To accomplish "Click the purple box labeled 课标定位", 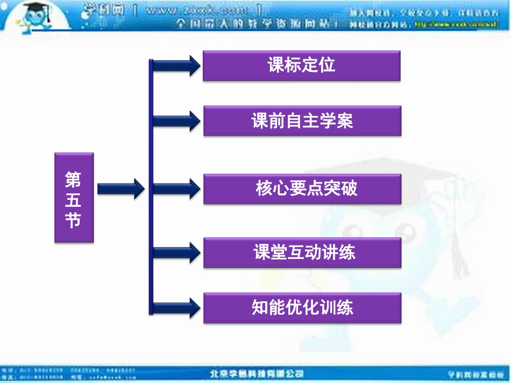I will click(301, 66).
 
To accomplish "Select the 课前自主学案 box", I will click(302, 121).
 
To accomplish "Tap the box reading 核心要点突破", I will click(302, 189).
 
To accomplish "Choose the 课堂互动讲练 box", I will click(302, 252).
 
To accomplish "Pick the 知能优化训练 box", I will click(302, 308).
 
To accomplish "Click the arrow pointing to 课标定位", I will click(176, 66).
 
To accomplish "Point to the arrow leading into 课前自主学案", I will click(176, 120).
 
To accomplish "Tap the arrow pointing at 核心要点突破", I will click(176, 189).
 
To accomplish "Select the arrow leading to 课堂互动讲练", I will click(176, 252).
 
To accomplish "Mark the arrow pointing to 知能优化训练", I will click(176, 308).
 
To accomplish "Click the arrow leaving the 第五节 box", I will click(120, 189).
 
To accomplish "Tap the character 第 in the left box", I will click(74, 179).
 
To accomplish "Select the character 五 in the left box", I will click(74, 199).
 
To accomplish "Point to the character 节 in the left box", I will click(74, 220).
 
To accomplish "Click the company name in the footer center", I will click(256, 374).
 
